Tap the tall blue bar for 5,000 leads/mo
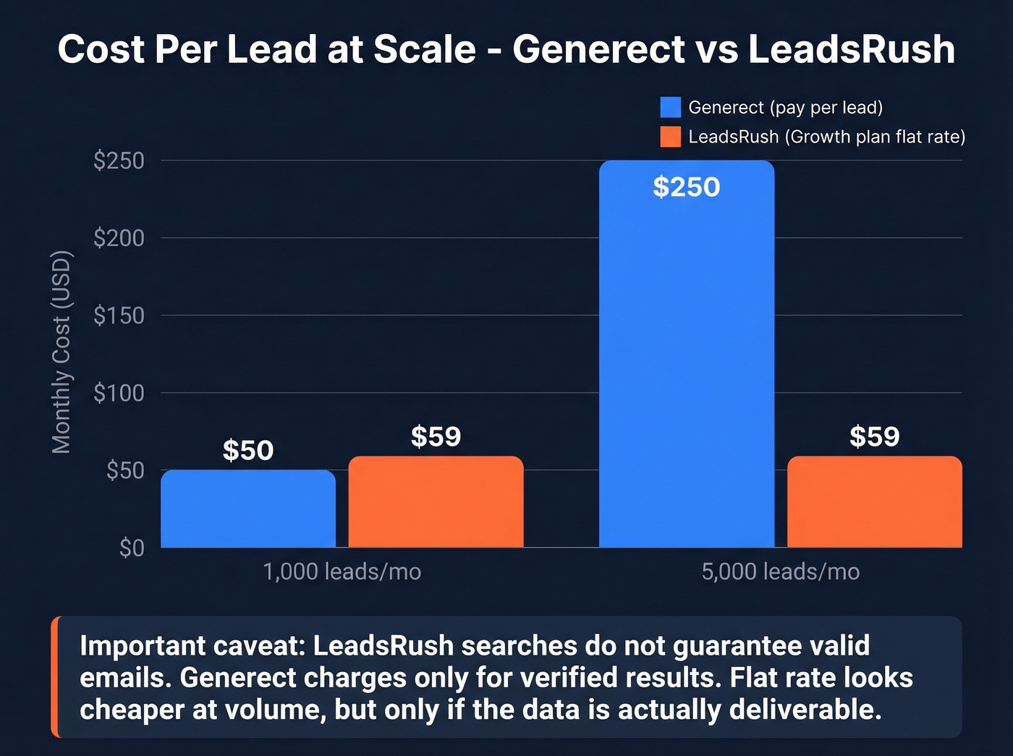pyautogui.click(x=687, y=354)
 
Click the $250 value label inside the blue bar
pyautogui.click(x=687, y=187)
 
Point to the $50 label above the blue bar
pyautogui.click(x=248, y=450)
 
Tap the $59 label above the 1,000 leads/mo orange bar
pyautogui.click(x=436, y=436)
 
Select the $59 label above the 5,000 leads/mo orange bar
pyautogui.click(x=874, y=436)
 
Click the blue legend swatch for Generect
pyautogui.click(x=670, y=107)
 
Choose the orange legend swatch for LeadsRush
pyautogui.click(x=670, y=137)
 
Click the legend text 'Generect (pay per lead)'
pyautogui.click(x=785, y=107)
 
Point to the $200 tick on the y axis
pyautogui.click(x=119, y=237)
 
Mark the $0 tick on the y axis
pyautogui.click(x=132, y=548)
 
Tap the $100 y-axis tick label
pyautogui.click(x=119, y=393)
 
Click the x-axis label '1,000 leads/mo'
pyautogui.click(x=342, y=572)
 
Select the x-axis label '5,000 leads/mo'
pyautogui.click(x=780, y=572)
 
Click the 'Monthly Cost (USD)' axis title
pyautogui.click(x=62, y=352)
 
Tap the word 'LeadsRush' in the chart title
pyautogui.click(x=851, y=49)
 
